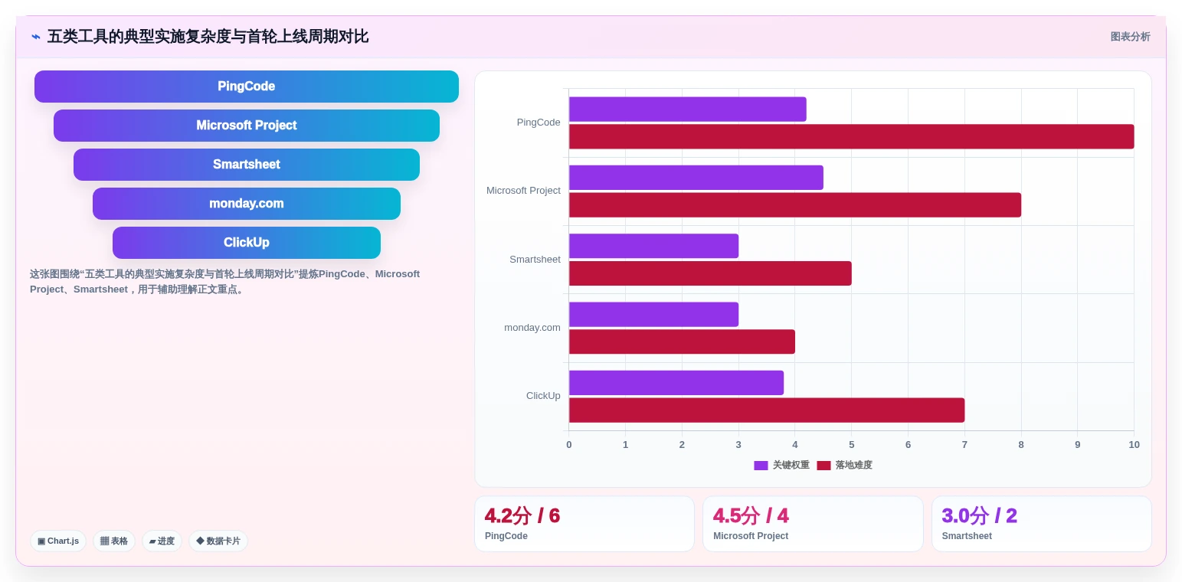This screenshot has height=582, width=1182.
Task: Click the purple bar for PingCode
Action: click(x=688, y=110)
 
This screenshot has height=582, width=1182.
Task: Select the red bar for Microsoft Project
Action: click(x=794, y=204)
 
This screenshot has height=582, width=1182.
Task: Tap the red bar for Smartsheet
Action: click(x=710, y=273)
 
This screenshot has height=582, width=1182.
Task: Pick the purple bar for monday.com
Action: click(x=653, y=315)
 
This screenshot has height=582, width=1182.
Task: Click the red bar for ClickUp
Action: click(x=767, y=410)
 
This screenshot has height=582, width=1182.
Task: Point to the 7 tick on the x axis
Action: click(x=964, y=445)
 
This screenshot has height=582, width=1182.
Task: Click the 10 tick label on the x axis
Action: click(x=1134, y=445)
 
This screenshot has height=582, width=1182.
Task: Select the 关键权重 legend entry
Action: click(x=781, y=465)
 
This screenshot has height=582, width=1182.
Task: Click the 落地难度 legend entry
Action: click(x=844, y=465)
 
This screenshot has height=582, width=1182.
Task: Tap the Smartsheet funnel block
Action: click(x=247, y=165)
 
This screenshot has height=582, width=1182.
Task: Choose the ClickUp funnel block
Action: click(x=247, y=243)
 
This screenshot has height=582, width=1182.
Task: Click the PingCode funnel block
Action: click(x=247, y=87)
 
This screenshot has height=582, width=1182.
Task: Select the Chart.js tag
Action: click(x=58, y=541)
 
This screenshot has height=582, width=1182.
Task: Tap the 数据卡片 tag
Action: click(x=218, y=541)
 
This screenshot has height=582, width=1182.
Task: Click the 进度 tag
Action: click(x=162, y=541)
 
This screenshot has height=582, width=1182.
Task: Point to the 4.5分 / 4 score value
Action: click(x=751, y=515)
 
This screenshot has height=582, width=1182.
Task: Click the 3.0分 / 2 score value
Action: click(x=979, y=515)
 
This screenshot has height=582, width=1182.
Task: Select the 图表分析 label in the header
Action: click(x=1130, y=37)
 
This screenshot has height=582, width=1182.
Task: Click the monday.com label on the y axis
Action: click(x=532, y=328)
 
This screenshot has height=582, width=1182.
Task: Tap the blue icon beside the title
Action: click(x=36, y=37)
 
